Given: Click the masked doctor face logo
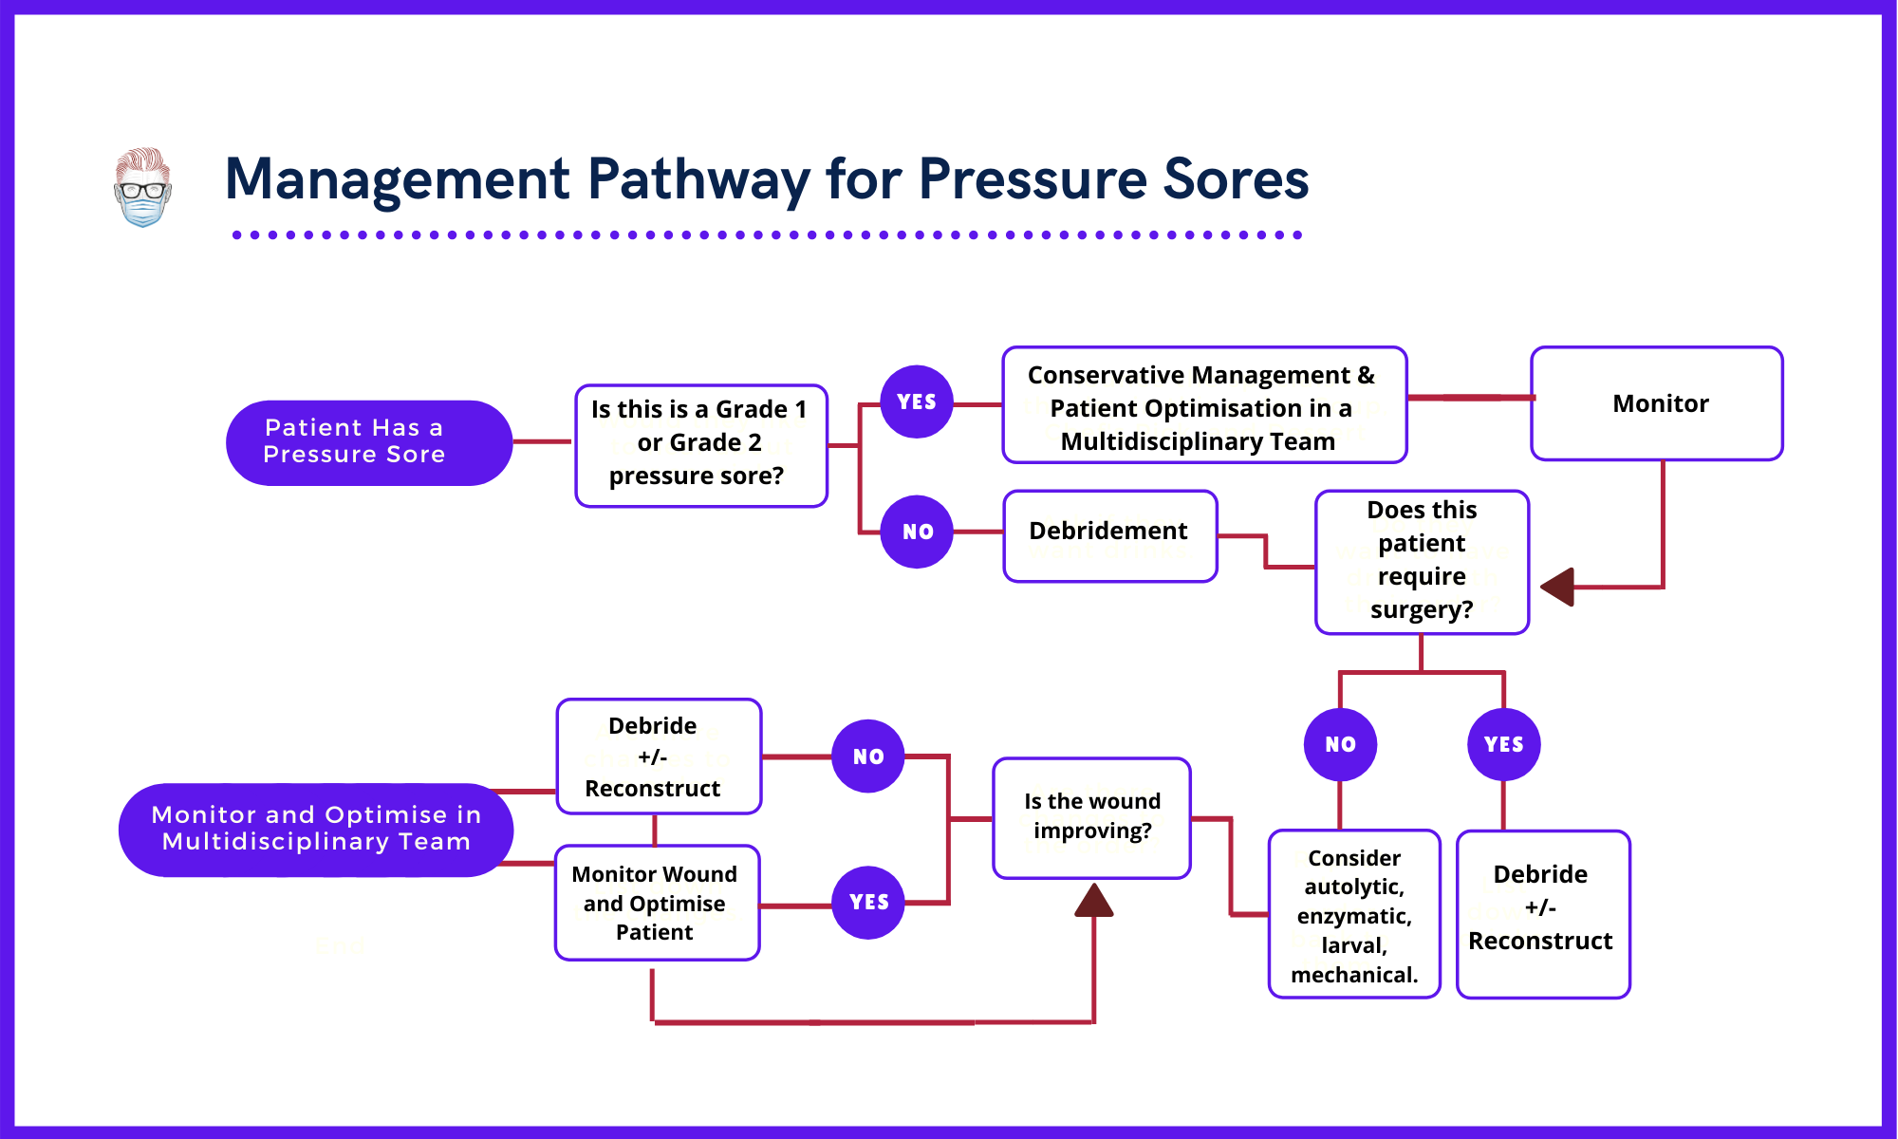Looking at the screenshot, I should point(142,187).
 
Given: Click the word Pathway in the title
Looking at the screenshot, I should point(698,179).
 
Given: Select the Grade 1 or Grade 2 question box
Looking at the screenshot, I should point(700,444).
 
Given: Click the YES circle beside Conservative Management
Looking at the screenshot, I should point(916,401).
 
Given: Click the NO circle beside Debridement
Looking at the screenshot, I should point(916,532).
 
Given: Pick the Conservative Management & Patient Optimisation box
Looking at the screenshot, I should point(1203,406).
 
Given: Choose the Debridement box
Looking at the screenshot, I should point(1108,534).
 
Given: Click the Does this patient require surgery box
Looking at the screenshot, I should point(1421,561).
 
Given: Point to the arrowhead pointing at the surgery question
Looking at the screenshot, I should point(1558,587).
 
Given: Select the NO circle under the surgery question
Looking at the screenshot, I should point(1339,744).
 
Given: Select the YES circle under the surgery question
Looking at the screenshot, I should point(1503,744).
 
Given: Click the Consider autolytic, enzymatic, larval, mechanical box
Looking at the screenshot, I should point(1353,915).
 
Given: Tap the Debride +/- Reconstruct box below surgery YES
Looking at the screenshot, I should point(1542,913).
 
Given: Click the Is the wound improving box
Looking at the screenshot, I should point(1091,817).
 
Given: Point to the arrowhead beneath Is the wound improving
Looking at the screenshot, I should point(1093,901).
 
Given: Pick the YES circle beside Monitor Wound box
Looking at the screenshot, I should point(867,902).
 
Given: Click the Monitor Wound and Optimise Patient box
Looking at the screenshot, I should point(656,903).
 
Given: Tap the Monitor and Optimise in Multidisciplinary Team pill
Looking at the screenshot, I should point(316,829).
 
